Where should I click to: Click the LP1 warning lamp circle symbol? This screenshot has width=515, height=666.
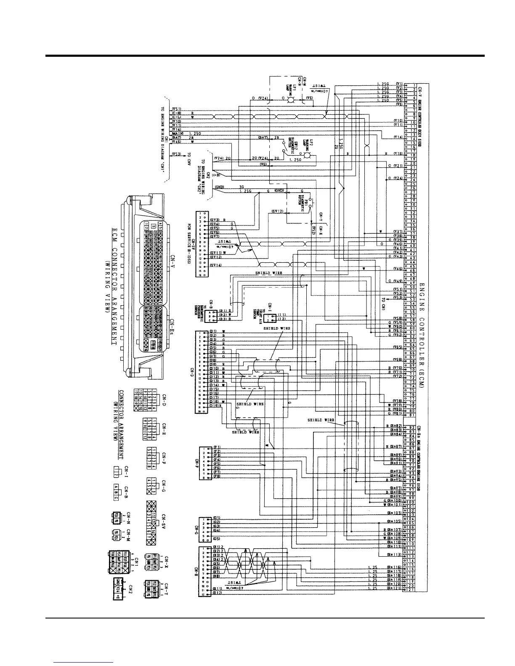[x=289, y=100]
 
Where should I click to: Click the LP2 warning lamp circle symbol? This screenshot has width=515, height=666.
[x=307, y=155]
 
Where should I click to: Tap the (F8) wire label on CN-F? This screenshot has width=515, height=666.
[x=217, y=476]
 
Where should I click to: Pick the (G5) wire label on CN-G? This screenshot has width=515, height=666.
[x=217, y=538]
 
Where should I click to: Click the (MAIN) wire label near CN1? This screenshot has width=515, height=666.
[x=177, y=133]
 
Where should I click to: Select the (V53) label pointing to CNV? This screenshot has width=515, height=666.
[x=177, y=154]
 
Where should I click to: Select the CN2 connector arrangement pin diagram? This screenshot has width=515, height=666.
[x=118, y=586]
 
